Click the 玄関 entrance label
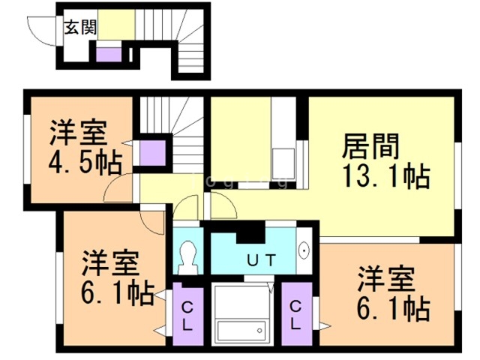tap(80, 27)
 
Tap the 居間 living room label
tap(370, 146)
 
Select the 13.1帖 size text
tap(386, 176)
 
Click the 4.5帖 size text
tap(85, 163)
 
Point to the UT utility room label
tap(262, 260)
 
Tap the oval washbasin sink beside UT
tap(304, 250)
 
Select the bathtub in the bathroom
tap(241, 330)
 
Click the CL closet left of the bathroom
tap(188, 316)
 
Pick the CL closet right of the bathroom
tap(296, 315)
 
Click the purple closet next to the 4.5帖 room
tap(152, 153)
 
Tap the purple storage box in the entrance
tap(109, 55)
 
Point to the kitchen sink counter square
tap(283, 163)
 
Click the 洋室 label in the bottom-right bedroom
tap(386, 278)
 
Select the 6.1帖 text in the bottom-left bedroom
tap(118, 292)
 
